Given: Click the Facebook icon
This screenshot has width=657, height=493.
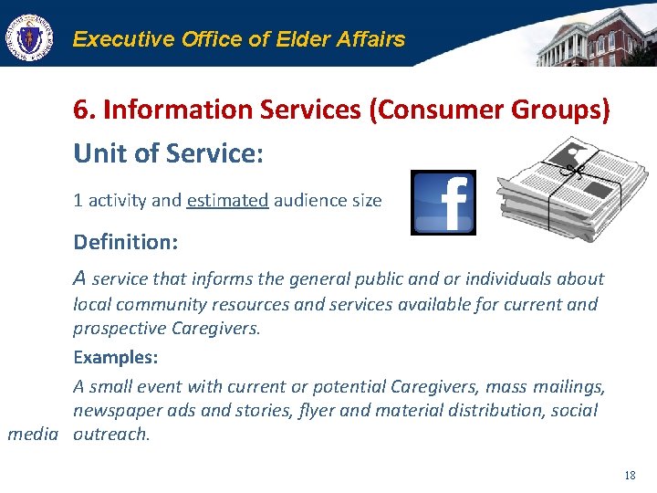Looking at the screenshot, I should pos(443,202).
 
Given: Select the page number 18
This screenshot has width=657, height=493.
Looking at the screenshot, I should pos(629,475).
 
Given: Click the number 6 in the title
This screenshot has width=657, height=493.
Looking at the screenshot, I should pos(81,110).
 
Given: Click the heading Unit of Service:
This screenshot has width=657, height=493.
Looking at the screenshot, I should pos(168,153).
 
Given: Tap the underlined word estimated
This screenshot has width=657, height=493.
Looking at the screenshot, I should pos(227,200).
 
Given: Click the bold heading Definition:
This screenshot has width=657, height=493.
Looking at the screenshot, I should pos(125,243).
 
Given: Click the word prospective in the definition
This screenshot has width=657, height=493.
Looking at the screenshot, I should pos(116,328).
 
